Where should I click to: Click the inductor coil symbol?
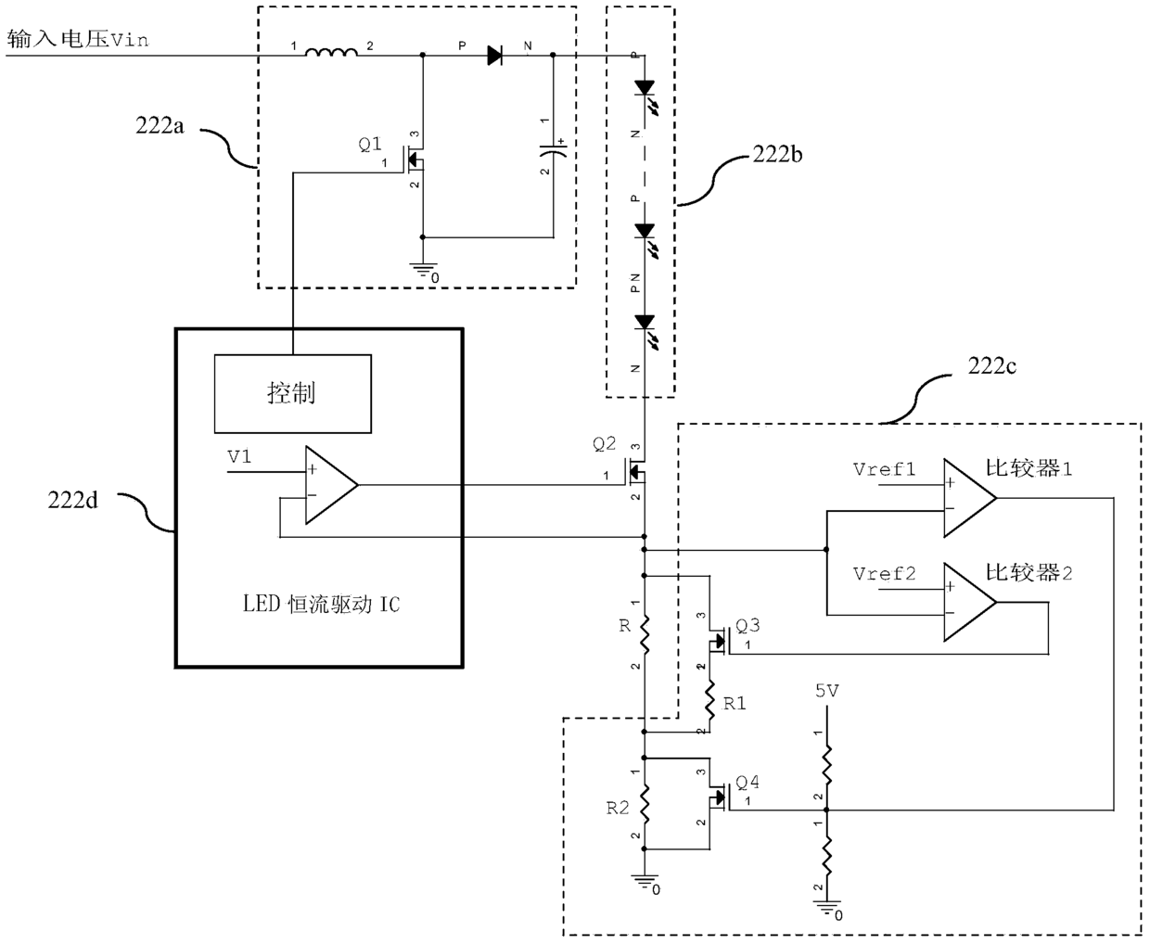tap(331, 52)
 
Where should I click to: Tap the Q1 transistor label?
tap(370, 145)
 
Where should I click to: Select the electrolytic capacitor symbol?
tap(553, 150)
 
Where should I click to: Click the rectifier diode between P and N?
tap(494, 55)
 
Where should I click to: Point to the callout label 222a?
tap(160, 126)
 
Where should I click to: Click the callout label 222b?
tap(777, 155)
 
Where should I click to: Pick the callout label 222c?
tap(991, 365)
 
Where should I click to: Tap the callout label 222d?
tap(72, 500)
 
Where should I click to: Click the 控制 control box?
tap(293, 394)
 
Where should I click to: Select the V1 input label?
tap(239, 456)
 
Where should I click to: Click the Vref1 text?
tap(884, 469)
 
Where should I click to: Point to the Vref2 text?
tap(884, 574)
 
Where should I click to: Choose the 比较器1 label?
tap(1029, 468)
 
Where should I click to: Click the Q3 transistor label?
tap(747, 626)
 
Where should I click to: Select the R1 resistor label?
tap(735, 704)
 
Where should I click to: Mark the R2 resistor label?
tap(618, 809)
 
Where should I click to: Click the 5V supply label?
tap(826, 691)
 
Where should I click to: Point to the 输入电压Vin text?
tap(77, 39)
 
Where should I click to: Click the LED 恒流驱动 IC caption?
tap(321, 605)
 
